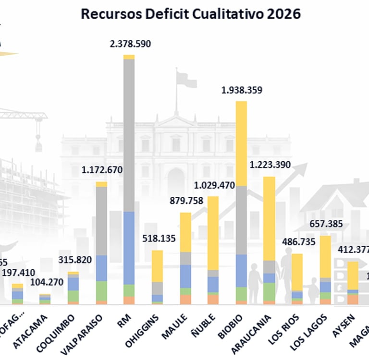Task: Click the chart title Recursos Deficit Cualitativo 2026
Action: (190, 14)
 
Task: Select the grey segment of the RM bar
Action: (129, 134)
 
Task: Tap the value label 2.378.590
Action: (130, 44)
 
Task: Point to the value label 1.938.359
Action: (241, 90)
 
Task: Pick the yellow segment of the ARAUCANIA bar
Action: (269, 218)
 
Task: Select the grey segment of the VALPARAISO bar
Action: (101, 221)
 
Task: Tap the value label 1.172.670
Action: (102, 169)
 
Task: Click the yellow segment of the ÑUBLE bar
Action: (212, 233)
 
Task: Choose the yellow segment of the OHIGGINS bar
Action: (157, 265)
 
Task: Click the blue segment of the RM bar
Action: (129, 248)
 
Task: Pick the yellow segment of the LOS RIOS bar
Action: (297, 272)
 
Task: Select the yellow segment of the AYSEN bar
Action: (353, 275)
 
